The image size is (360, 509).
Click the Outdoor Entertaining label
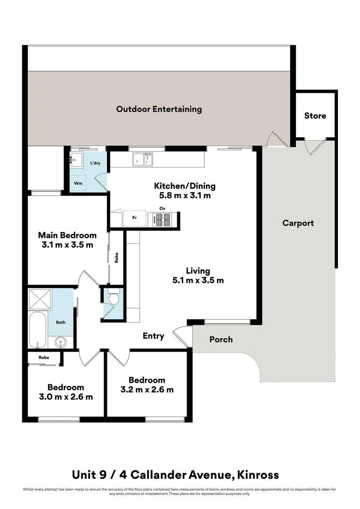[159, 109]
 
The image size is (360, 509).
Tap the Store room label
[315, 115]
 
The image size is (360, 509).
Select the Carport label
[298, 223]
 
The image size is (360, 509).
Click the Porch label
[221, 339]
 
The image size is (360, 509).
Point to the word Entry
[154, 336]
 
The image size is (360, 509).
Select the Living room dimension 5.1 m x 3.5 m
[198, 280]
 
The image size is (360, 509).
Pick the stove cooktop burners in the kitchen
[163, 219]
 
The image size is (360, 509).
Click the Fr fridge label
[134, 218]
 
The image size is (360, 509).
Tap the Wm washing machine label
[78, 182]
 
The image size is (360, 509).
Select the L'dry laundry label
[95, 164]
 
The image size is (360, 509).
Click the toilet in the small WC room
[113, 298]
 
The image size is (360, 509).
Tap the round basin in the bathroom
[60, 341]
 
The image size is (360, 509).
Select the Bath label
[61, 323]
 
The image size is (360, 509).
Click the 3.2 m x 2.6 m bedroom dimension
[147, 390]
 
